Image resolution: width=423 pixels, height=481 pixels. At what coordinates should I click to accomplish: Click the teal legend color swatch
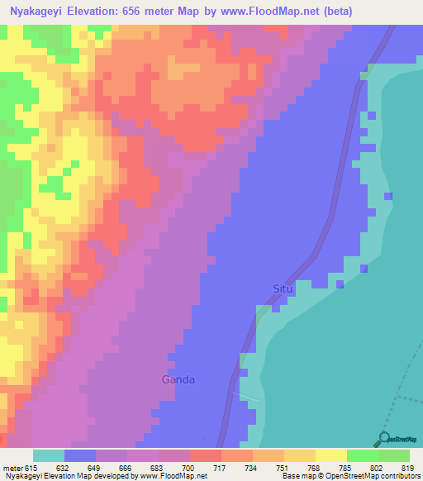click(49, 455)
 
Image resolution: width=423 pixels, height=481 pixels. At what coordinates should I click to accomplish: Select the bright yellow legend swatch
click(331, 455)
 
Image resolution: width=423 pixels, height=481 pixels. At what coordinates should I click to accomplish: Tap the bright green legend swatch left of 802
click(363, 455)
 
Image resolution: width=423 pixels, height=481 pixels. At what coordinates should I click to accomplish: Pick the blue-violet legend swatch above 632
click(80, 455)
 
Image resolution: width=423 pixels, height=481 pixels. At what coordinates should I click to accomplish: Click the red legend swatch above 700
click(206, 455)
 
